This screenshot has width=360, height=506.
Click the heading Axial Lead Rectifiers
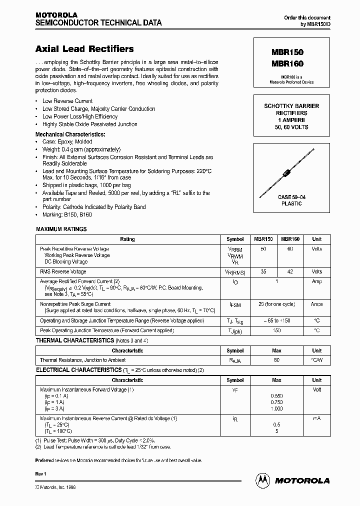tap(84, 49)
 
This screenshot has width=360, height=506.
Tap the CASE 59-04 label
tap(291, 197)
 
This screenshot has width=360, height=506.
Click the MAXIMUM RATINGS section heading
tap(61, 229)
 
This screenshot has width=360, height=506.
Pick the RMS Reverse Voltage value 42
tap(289, 272)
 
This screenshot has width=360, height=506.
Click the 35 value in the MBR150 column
tap(263, 272)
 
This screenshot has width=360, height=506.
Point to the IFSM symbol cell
tap(235, 304)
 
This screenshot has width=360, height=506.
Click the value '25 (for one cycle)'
tap(276, 304)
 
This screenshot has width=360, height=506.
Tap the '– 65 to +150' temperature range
tap(276, 320)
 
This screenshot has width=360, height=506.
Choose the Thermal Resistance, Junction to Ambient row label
tap(82, 360)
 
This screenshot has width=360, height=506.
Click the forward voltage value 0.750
tap(276, 402)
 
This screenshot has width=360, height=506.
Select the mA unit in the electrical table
tap(316, 418)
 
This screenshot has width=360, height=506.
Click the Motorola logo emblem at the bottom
tap(262, 480)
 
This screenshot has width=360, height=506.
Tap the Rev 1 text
tap(41, 473)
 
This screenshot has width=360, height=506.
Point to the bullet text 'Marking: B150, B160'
tap(67, 214)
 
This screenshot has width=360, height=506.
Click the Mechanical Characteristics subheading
tap(70, 134)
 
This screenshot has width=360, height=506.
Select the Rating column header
tap(127, 239)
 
